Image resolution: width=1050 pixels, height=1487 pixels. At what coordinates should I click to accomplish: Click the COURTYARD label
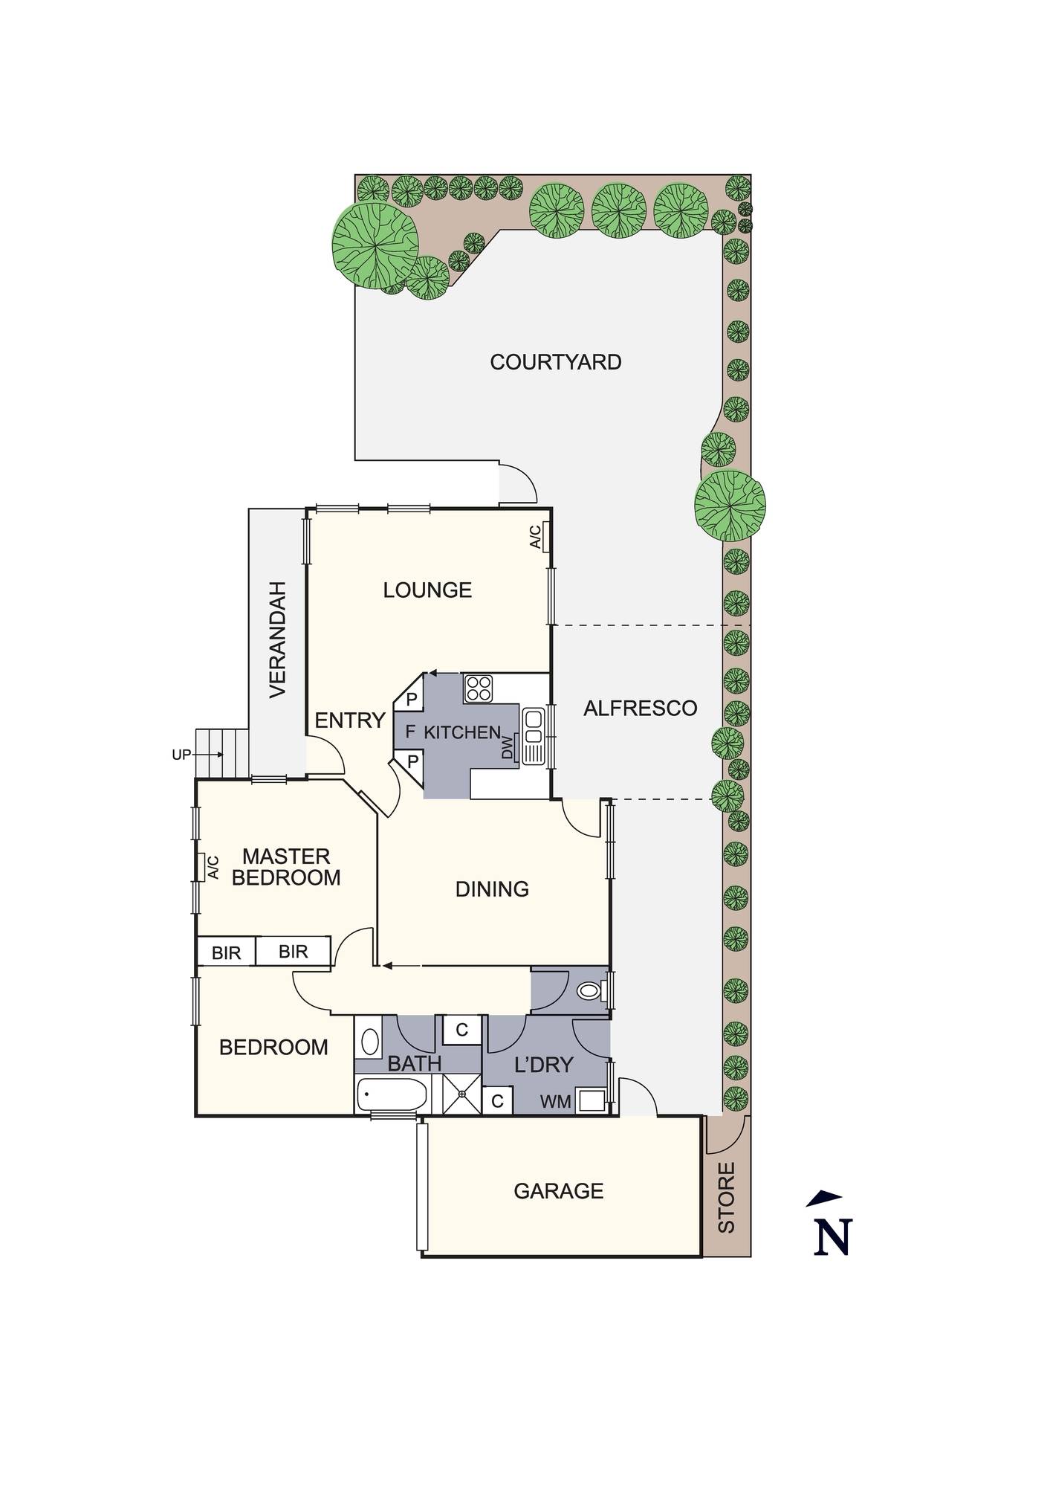555,362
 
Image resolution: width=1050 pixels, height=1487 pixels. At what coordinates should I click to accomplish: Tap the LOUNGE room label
427,590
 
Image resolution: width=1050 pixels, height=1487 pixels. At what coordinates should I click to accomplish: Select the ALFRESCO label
640,708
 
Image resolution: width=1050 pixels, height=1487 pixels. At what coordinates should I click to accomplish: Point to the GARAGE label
558,1191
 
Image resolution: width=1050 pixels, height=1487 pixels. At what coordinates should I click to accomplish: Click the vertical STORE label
726,1198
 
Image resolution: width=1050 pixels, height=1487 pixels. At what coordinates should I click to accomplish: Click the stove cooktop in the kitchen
478,688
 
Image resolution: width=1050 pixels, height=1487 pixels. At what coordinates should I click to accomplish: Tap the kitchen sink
533,736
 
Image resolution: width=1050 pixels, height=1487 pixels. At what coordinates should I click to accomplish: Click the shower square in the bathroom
462,1094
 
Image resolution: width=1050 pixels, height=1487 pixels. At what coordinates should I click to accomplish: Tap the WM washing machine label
556,1102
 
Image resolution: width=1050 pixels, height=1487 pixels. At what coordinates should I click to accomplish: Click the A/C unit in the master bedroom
208,867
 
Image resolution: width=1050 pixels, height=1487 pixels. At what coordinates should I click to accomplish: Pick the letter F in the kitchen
409,732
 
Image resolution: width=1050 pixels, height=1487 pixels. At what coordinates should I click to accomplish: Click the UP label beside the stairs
181,755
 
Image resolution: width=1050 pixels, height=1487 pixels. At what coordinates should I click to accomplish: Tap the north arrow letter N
832,1238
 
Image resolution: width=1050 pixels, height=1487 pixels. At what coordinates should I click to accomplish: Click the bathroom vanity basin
368,1041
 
